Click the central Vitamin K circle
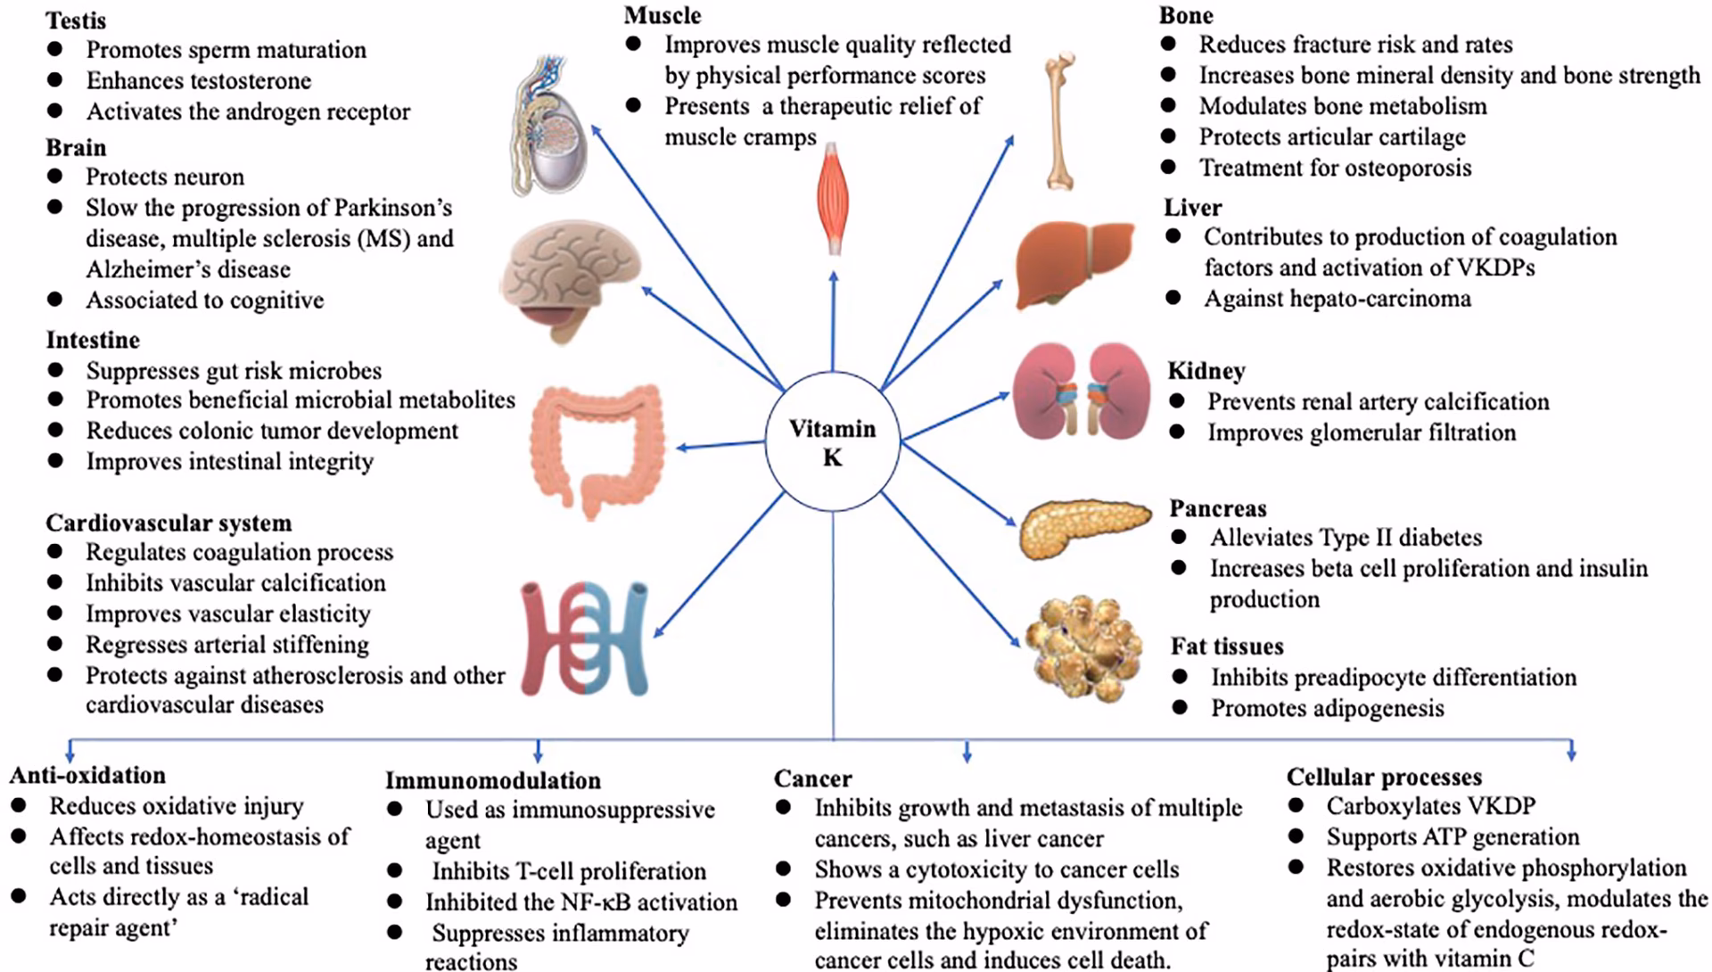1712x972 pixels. coord(832,443)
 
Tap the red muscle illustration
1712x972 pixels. coord(834,202)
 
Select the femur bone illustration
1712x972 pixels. coord(1060,120)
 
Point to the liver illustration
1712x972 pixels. coord(1076,262)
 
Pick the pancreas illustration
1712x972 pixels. coord(1082,527)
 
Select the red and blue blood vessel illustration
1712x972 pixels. coord(585,638)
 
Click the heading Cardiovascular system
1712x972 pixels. coord(169,523)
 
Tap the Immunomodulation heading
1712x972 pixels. coord(492,780)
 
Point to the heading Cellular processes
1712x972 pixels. coord(1384,777)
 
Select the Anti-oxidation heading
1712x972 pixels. coord(87,775)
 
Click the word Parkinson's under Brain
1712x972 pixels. coord(393,208)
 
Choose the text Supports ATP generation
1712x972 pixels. coord(1452,836)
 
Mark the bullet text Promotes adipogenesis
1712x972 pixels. coord(1327,708)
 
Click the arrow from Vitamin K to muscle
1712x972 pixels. coord(833,321)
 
